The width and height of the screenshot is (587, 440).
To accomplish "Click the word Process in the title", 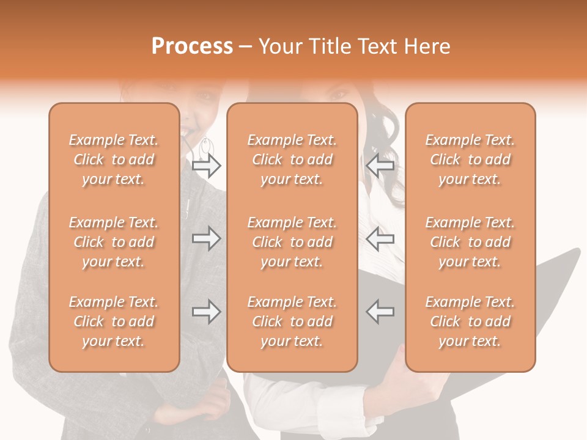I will click(192, 46).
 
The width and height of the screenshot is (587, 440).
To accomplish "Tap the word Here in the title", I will click(427, 46).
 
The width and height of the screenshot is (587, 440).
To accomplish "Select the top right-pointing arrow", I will click(206, 166).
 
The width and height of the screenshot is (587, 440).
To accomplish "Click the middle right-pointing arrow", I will click(206, 238).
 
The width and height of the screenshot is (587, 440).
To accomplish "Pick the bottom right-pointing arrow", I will click(206, 312).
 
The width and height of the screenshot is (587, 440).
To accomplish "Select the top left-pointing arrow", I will click(380, 166).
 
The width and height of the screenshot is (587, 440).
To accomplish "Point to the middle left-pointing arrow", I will click(380, 238).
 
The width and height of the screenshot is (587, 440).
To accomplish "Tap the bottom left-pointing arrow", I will click(380, 312).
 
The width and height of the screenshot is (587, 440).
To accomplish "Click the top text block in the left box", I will click(114, 159).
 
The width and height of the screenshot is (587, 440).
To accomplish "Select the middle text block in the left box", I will click(114, 242).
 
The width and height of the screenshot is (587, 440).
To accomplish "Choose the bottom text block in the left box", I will click(114, 321).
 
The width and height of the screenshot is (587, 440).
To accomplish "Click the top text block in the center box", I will click(292, 159).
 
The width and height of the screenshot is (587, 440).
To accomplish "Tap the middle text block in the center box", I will click(292, 242).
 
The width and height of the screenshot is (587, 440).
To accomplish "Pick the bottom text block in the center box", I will click(292, 321).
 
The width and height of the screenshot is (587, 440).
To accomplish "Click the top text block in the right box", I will click(470, 159).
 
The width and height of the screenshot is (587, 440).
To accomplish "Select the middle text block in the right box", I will click(470, 242).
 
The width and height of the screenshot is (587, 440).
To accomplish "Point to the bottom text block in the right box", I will click(470, 321).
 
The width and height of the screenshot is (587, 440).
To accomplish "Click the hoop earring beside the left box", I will click(206, 147).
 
